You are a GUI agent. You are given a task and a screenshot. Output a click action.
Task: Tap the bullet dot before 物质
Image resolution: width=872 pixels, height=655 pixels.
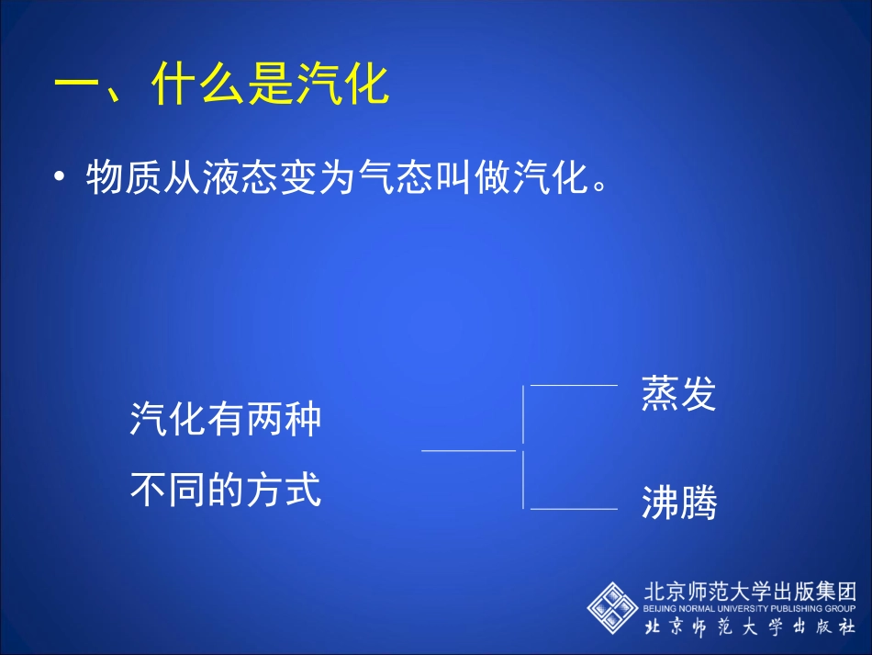click(x=61, y=178)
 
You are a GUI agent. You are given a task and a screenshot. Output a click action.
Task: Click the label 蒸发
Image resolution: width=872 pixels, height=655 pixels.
click(x=678, y=394)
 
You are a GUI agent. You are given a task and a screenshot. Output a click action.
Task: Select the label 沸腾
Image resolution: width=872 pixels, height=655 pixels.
click(x=678, y=503)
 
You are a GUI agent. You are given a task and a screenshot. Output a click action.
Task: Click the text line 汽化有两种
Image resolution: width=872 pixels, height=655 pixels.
click(x=226, y=421)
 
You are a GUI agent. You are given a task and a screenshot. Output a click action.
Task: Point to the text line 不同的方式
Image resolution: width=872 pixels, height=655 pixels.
click(x=226, y=490)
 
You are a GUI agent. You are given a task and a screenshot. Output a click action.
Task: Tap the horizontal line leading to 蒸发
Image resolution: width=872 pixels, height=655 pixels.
click(x=574, y=386)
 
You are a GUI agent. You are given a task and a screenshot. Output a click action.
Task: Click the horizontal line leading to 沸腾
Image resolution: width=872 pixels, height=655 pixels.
click(x=574, y=508)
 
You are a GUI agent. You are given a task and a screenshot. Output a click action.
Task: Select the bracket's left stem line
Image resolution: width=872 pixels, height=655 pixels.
click(x=468, y=451)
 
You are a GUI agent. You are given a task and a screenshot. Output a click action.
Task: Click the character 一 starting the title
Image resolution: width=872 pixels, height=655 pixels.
click(x=77, y=86)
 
